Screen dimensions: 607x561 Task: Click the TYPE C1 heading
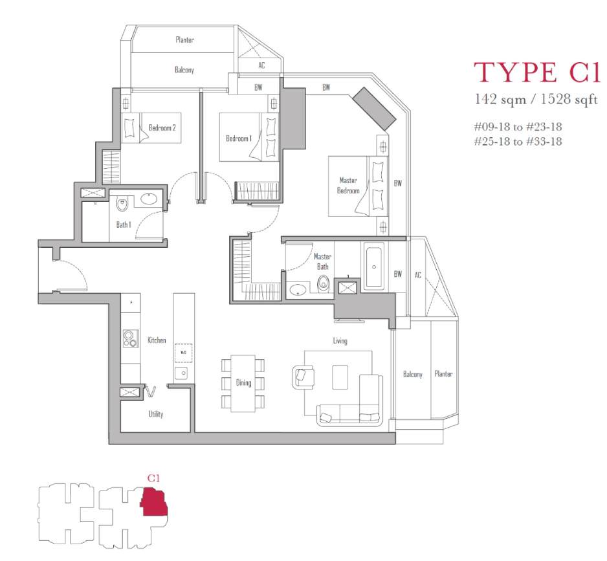coord(537,72)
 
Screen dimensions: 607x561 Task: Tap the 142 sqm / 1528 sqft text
coord(536,100)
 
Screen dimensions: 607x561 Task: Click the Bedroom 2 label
coord(162,127)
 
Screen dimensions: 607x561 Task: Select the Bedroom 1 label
coord(239,138)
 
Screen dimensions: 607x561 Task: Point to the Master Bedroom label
coord(348,186)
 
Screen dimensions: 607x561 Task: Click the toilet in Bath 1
coord(122,204)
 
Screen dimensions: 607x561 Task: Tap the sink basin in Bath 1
coord(151,199)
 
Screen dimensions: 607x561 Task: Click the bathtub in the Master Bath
coord(374,267)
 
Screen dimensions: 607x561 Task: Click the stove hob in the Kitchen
coord(131,338)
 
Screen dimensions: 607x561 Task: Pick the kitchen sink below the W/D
coord(181,373)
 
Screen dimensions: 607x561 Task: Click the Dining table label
coord(243,383)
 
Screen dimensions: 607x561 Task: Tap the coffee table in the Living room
coord(340,377)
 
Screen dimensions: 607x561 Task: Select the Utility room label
coord(155,414)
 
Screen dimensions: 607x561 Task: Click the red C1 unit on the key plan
coord(154,502)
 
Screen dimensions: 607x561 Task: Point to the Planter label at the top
coord(184,39)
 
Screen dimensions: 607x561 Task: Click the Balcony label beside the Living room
coord(413,375)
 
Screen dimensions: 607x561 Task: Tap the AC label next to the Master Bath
coord(417,275)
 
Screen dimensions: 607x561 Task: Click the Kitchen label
coord(157,340)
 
